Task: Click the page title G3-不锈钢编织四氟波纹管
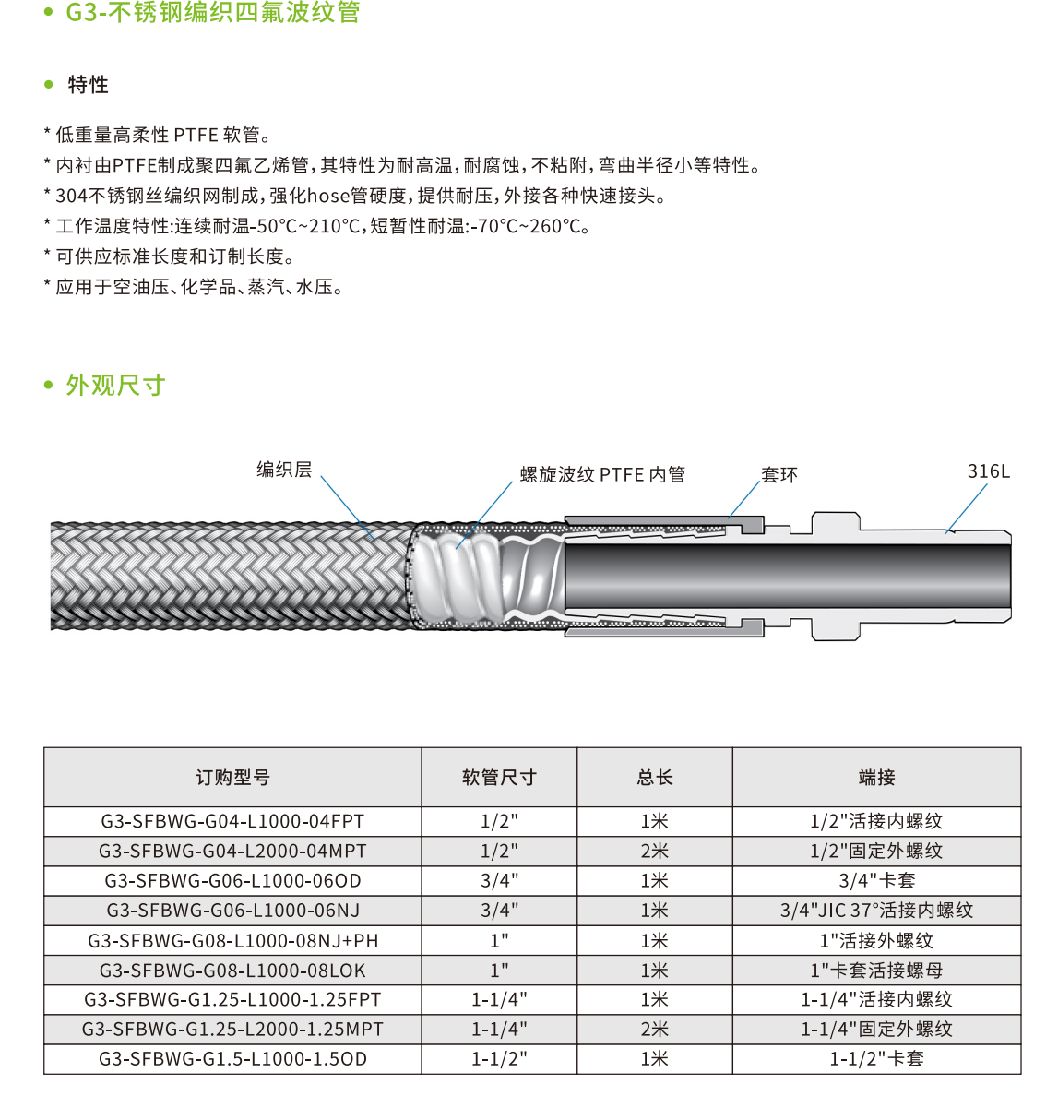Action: point(212,13)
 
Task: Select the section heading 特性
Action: point(89,85)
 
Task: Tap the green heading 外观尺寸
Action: point(115,386)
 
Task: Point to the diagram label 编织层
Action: point(284,470)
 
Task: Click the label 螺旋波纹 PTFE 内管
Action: point(602,475)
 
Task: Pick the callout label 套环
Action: point(779,475)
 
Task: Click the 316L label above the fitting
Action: point(988,471)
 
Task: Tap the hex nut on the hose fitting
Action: point(836,577)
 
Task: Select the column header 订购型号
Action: point(232,778)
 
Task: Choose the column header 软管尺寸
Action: point(499,778)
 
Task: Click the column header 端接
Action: point(876,778)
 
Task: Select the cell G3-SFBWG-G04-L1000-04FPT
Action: point(232,822)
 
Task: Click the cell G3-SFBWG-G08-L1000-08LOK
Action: point(232,971)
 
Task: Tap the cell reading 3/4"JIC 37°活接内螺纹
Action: point(876,911)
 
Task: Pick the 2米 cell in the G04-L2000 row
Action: point(655,852)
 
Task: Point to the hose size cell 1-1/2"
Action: point(499,1059)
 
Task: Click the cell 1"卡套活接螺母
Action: point(876,971)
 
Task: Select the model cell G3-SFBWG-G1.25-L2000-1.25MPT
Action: point(232,1030)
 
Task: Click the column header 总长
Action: point(655,778)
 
